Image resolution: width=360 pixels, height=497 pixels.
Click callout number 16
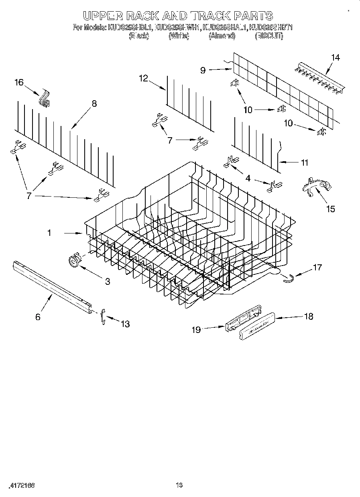tap(19, 83)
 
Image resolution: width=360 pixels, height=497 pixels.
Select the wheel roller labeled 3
tap(74, 261)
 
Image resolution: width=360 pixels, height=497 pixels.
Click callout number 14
tap(335, 58)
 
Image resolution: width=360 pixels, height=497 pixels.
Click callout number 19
tap(195, 330)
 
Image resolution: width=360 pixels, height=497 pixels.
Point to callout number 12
tap(144, 79)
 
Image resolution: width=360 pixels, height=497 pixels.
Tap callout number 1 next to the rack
tap(49, 232)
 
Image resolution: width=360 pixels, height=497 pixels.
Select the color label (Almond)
tap(222, 36)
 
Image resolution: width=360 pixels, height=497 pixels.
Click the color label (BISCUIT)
tap(269, 36)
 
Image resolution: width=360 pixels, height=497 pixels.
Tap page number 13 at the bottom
tap(179, 485)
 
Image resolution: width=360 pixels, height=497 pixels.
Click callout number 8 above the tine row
tap(94, 103)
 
